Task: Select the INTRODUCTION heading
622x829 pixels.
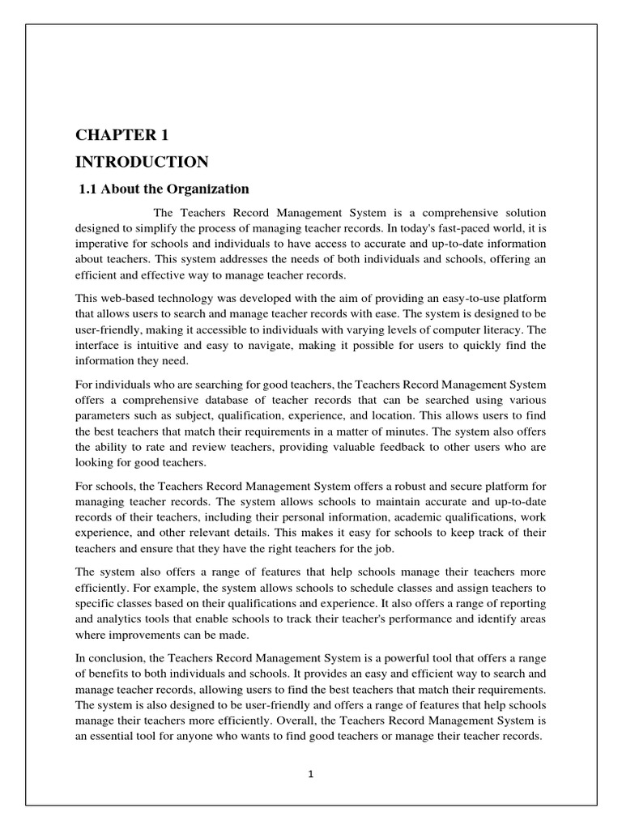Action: pyautogui.click(x=142, y=162)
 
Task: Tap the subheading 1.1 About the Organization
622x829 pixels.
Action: pyautogui.click(x=164, y=189)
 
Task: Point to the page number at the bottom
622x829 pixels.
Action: pyautogui.click(x=310, y=773)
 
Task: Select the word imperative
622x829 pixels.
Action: pyautogui.click(x=105, y=244)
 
